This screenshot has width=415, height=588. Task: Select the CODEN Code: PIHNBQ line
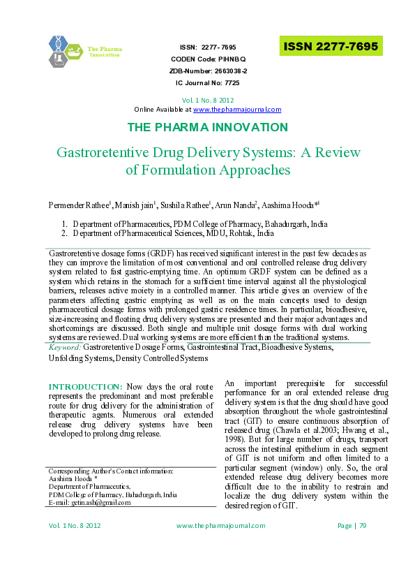tap(208, 59)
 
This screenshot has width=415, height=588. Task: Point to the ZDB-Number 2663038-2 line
tap(208, 71)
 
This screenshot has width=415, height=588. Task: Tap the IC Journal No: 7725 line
tap(208, 83)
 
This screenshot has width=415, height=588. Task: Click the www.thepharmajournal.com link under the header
tap(237, 110)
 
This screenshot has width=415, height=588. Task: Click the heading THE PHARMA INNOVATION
tap(207, 127)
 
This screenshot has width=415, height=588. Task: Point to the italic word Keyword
tap(65, 346)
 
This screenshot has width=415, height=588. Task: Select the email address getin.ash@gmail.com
tap(96, 502)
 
